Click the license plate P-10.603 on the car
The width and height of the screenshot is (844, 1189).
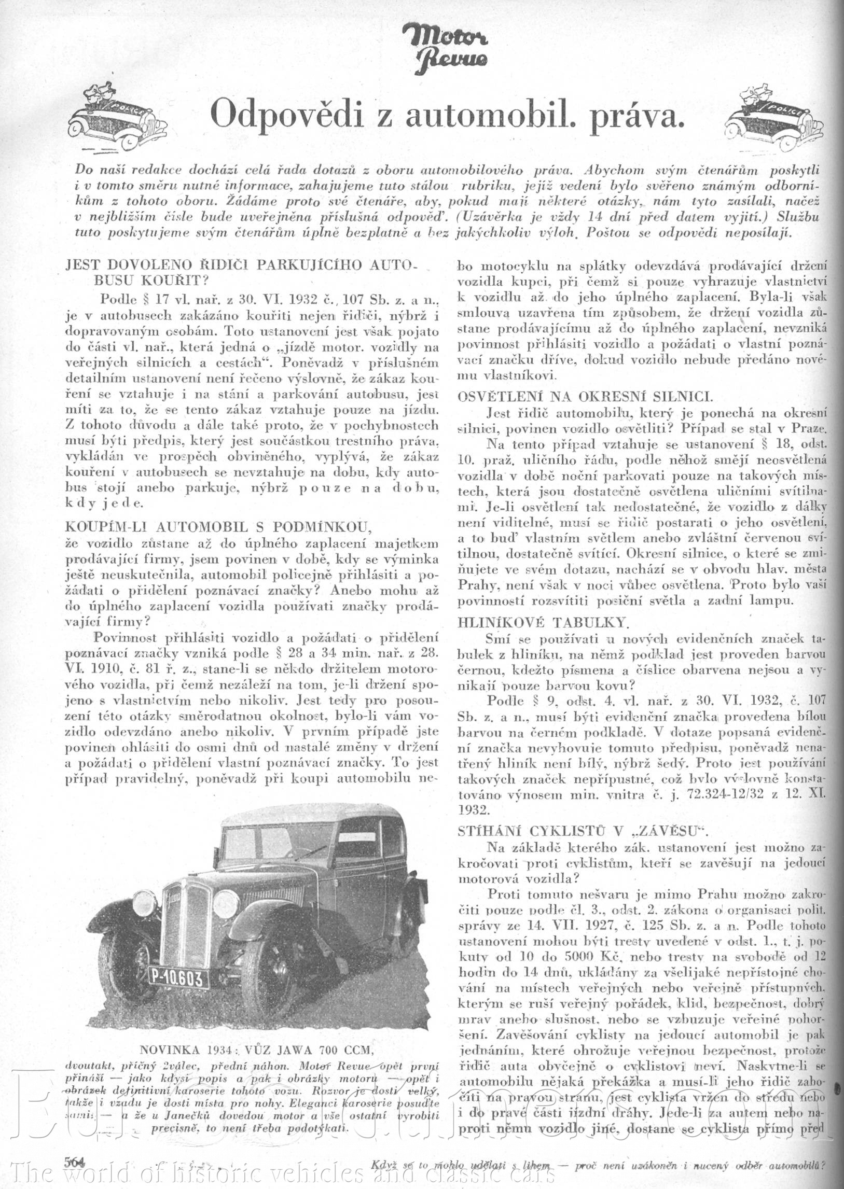[x=178, y=978]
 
